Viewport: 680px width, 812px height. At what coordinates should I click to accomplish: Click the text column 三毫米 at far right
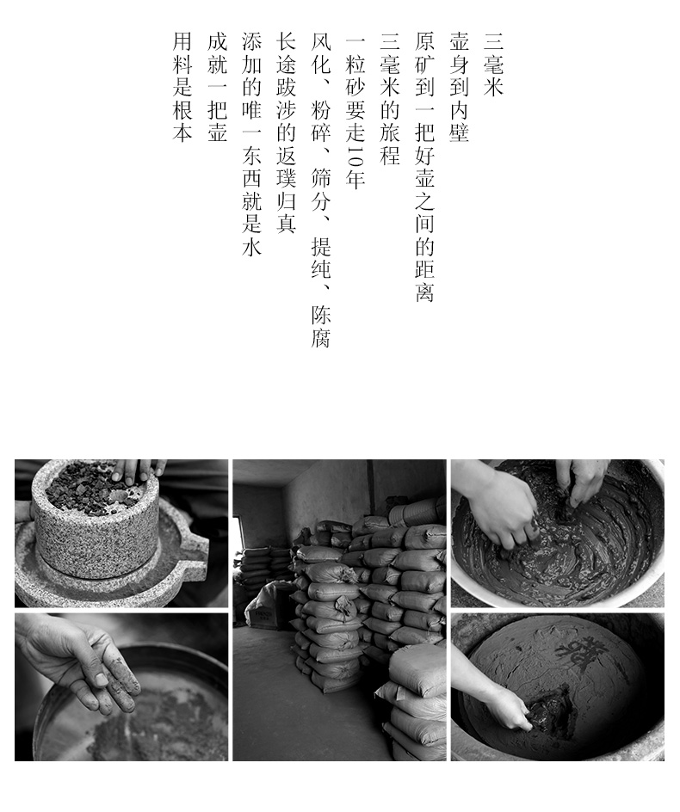493,65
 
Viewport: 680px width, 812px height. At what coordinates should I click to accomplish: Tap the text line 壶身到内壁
459,87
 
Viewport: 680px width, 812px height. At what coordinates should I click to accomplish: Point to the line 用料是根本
182,87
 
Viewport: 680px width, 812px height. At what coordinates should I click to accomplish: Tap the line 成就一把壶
217,87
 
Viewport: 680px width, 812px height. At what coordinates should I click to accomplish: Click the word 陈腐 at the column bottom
321,326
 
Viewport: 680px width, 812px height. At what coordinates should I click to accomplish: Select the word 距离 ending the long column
424,280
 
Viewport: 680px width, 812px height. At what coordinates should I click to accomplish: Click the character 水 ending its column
252,247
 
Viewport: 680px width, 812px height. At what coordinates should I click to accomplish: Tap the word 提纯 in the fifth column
321,258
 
